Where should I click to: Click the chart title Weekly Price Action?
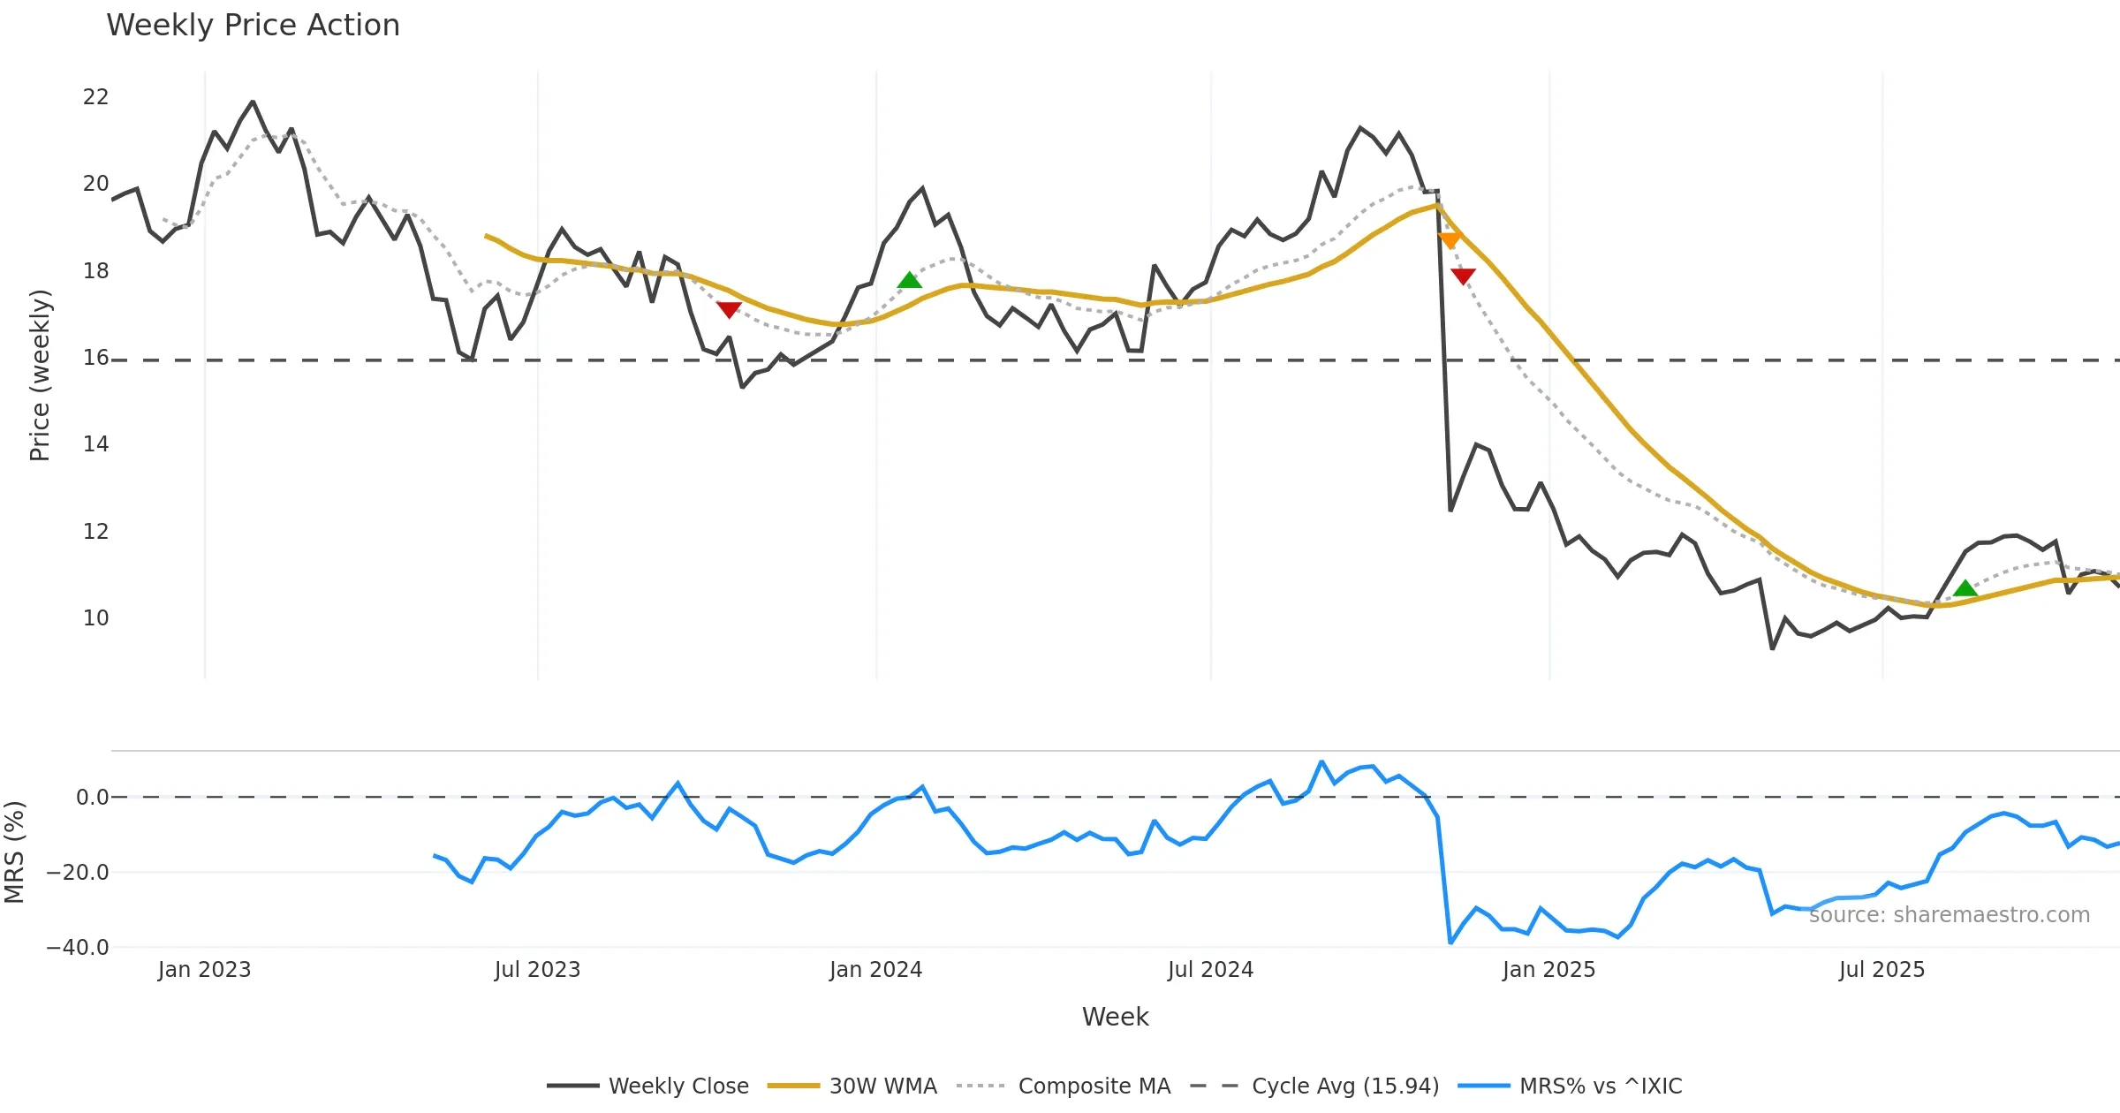(253, 26)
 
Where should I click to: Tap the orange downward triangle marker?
(1450, 240)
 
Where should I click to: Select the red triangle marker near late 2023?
(729, 309)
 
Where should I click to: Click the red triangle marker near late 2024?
(1463, 276)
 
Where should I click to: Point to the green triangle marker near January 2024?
(910, 281)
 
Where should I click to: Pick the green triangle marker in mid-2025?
(1965, 588)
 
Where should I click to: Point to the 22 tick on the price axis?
(95, 97)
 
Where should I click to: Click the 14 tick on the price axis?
(95, 444)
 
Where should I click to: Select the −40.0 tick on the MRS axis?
(78, 948)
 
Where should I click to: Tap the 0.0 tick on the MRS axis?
(92, 798)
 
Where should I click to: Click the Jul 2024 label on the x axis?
(1210, 970)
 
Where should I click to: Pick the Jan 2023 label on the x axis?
(204, 970)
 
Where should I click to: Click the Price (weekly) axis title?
(41, 375)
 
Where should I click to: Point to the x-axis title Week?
(1115, 1018)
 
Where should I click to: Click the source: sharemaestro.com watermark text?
(1949, 915)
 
